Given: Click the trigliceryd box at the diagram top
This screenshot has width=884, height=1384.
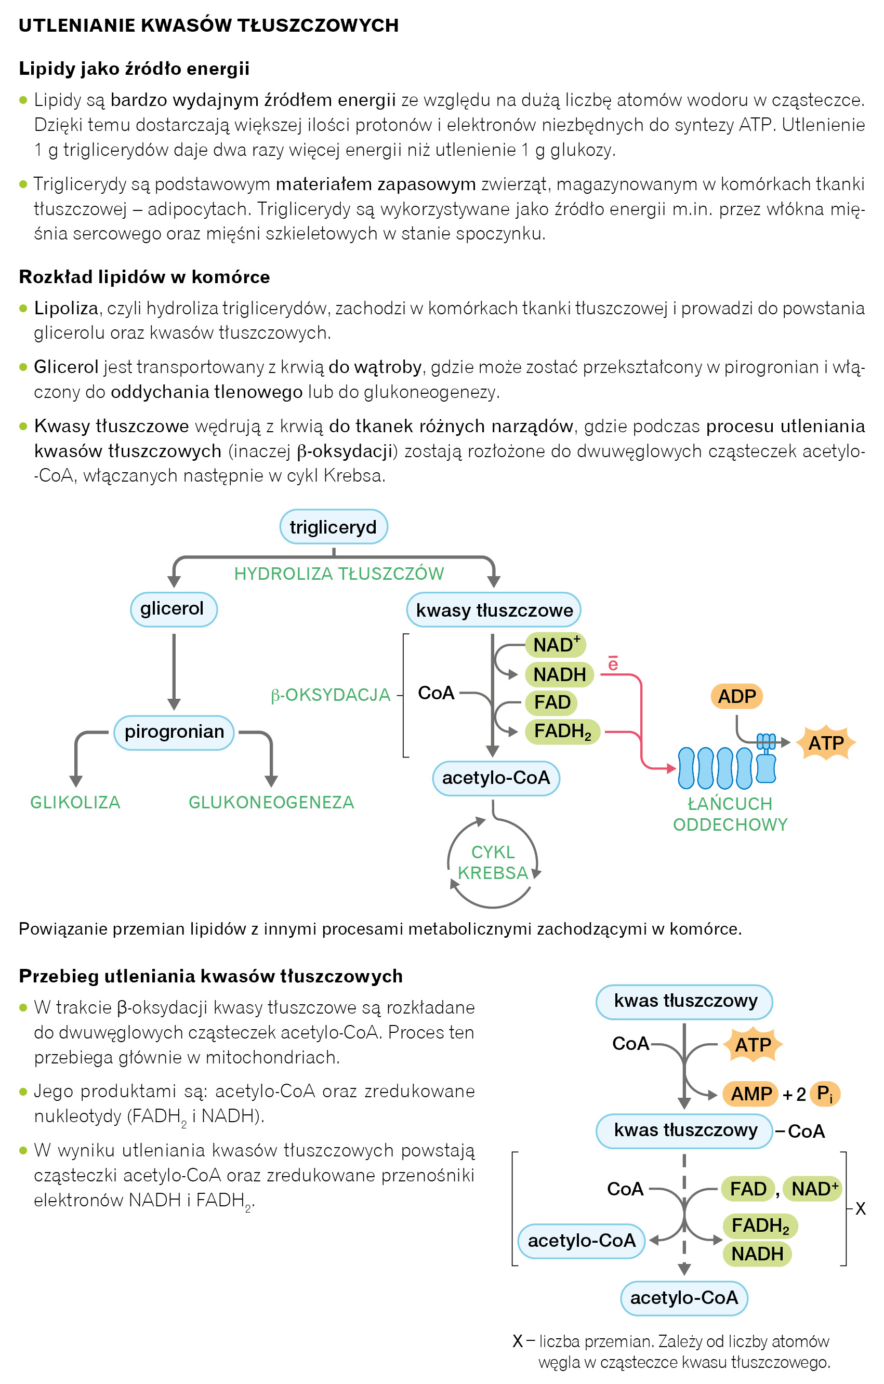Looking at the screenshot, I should (x=333, y=526).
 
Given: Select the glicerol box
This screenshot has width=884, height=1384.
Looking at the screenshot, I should (x=174, y=609).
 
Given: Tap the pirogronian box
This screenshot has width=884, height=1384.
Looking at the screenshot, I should (x=174, y=731).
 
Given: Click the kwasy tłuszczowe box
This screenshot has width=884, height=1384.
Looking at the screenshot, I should (x=494, y=610).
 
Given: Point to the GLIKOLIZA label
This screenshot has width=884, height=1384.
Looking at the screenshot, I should (x=75, y=802).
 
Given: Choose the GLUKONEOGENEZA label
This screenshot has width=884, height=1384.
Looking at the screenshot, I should (x=271, y=802).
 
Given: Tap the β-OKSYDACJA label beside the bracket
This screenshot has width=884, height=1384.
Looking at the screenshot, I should (x=331, y=695).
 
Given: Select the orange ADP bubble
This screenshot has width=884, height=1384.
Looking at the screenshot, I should (x=737, y=696).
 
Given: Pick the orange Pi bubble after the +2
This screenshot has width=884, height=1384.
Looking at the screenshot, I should (x=825, y=1093).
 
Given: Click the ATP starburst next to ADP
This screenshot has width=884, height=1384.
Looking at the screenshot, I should (x=826, y=742).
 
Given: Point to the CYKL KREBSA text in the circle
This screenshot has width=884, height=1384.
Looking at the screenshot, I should (x=493, y=862).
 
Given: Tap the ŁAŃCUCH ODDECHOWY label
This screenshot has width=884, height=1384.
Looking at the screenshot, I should (x=730, y=814).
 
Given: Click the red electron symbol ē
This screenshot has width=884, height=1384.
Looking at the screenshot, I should (x=613, y=664).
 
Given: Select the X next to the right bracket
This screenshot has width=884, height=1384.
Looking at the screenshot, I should (x=861, y=1209).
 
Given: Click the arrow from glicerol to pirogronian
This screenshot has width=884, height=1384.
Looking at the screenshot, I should (x=174, y=670).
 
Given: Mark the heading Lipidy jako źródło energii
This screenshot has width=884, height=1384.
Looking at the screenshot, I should (x=134, y=69).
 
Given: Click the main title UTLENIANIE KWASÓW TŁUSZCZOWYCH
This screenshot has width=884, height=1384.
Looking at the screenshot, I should (x=208, y=25).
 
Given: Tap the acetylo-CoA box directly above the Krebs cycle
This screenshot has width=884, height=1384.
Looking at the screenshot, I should (x=495, y=778).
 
